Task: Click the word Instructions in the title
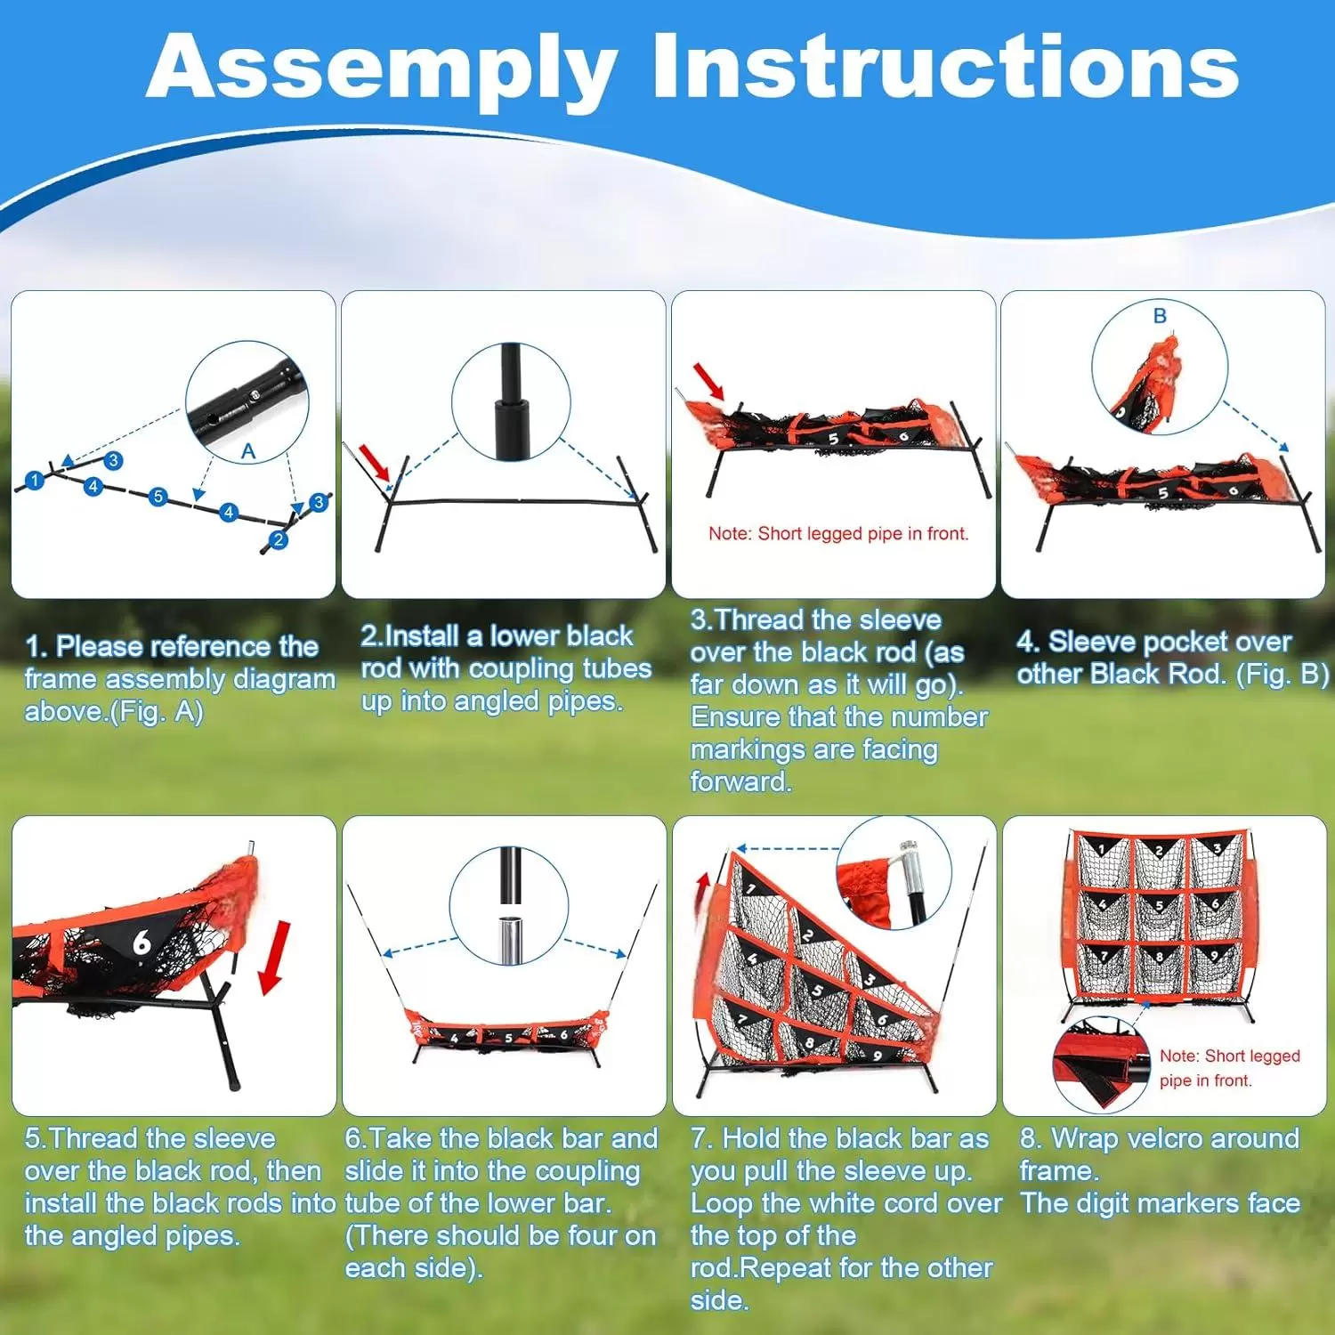click(945, 66)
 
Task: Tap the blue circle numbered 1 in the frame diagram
click(34, 481)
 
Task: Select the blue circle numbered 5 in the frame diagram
click(158, 497)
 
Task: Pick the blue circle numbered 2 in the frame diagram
click(278, 539)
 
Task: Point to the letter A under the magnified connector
click(248, 451)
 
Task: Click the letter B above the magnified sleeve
click(1160, 316)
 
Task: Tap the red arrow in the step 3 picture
click(709, 380)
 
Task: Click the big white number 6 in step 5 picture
click(142, 942)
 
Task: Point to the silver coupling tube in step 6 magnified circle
click(509, 939)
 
